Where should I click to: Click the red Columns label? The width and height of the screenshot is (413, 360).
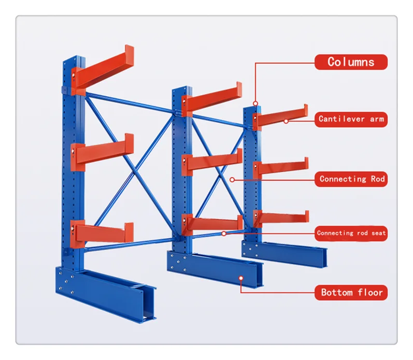coord(351,62)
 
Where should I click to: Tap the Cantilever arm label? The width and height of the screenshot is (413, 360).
coord(351,119)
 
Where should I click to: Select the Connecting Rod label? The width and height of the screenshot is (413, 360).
coord(352,179)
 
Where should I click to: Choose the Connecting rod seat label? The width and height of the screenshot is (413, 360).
coord(351,233)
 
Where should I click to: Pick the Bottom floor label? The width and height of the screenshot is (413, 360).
coord(351,293)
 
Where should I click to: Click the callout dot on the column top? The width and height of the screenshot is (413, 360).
coord(255,104)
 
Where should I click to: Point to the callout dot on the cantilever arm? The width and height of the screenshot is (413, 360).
coord(286,122)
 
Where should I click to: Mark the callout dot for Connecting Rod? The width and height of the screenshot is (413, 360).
coord(232,180)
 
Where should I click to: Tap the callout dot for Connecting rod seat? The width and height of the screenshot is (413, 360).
coord(224,234)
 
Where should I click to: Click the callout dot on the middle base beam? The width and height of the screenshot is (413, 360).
coord(241,279)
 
